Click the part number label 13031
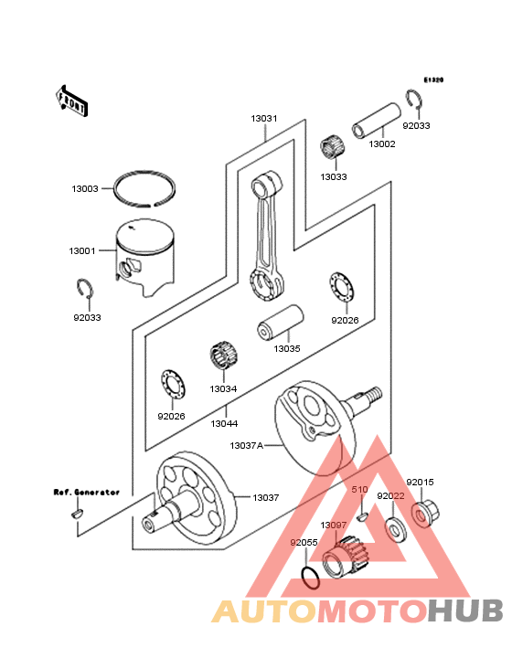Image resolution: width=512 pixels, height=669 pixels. click(x=265, y=119)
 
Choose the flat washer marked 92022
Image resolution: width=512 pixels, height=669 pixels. click(x=395, y=528)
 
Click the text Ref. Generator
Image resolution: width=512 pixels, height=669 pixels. click(x=86, y=492)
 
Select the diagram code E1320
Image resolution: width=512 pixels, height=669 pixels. click(x=432, y=80)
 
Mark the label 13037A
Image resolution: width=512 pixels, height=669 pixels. click(x=245, y=445)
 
